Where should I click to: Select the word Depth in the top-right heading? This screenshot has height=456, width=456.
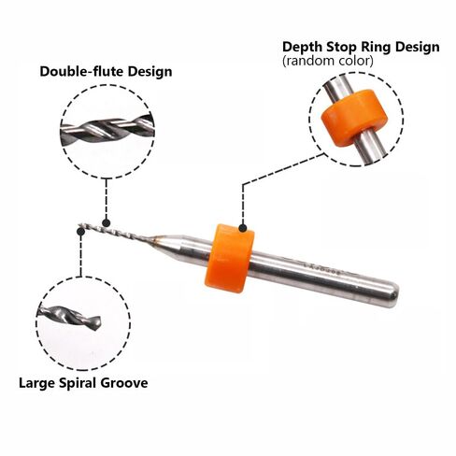click(x=302, y=48)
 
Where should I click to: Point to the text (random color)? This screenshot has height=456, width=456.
click(x=328, y=61)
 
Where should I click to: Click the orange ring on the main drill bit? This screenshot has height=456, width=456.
click(x=230, y=258)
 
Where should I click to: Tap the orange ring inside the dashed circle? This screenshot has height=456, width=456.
click(x=355, y=118)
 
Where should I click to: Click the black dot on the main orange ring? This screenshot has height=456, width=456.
click(x=243, y=228)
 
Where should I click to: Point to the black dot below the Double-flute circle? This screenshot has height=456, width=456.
click(x=107, y=222)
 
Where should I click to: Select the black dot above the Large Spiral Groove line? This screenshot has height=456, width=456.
click(x=80, y=232)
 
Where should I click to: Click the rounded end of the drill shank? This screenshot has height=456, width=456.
click(x=392, y=293)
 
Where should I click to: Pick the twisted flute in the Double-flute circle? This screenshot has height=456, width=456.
click(x=107, y=130)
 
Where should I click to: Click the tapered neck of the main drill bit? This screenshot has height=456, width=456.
click(x=163, y=242)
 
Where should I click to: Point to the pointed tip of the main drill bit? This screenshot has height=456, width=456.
click(x=79, y=224)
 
